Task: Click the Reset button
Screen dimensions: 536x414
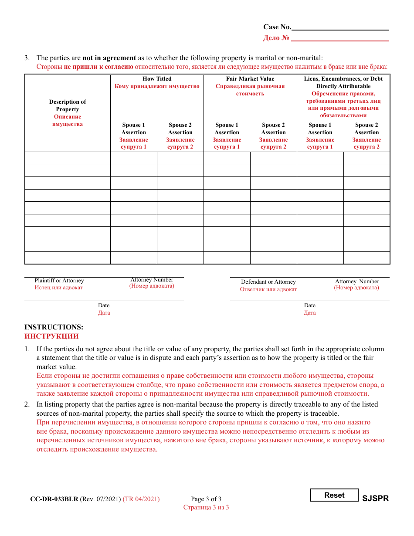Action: (x=334, y=495)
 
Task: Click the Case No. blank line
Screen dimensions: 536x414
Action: (x=340, y=27)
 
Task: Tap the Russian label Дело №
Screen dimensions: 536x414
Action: (x=276, y=38)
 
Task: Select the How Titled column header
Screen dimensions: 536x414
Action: (x=157, y=79)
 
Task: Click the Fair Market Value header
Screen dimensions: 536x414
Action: (x=250, y=79)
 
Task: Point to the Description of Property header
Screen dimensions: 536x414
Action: (x=68, y=105)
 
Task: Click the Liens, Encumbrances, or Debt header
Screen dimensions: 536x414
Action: (x=343, y=79)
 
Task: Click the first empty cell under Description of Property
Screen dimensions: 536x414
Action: (x=68, y=158)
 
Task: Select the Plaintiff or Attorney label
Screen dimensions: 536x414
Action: (x=59, y=281)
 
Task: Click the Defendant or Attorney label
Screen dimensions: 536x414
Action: (x=268, y=282)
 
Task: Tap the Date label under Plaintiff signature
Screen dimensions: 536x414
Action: (x=104, y=305)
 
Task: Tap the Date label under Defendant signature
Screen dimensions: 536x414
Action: (x=310, y=305)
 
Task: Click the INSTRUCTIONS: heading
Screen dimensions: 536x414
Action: (x=54, y=327)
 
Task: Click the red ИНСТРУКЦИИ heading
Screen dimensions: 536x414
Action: (x=51, y=336)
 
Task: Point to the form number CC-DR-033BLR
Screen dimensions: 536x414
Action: (x=54, y=499)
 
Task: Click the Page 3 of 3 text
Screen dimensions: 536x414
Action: (x=206, y=499)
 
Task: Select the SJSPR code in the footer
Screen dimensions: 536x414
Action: (x=375, y=499)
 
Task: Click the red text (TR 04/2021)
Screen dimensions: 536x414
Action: (x=141, y=499)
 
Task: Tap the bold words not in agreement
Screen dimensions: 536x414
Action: (x=109, y=58)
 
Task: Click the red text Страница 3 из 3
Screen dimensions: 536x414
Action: (x=206, y=507)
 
